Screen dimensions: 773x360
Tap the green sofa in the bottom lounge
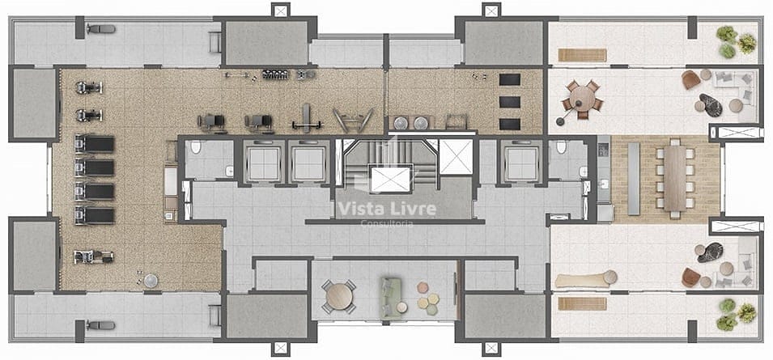[x=390, y=294]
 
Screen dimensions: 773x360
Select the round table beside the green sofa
[x=339, y=297]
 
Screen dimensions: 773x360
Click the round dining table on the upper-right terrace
[x=583, y=99]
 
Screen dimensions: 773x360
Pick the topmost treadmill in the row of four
[x=95, y=144]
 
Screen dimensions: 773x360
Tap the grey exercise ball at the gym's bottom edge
[x=151, y=281]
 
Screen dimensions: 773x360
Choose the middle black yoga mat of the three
[x=510, y=102]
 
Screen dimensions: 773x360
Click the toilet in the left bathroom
[x=196, y=147]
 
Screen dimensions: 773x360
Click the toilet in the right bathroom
[x=561, y=146]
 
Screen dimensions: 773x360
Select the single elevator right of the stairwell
[x=521, y=164]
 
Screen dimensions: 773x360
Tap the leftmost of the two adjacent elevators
[x=264, y=164]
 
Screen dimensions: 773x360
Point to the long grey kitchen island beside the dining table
[x=634, y=180]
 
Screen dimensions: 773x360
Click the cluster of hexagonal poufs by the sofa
[x=427, y=298]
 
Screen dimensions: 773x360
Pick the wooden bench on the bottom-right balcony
[x=582, y=303]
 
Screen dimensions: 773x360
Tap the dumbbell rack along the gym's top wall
[x=275, y=75]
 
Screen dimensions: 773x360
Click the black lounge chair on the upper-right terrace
[x=711, y=105]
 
